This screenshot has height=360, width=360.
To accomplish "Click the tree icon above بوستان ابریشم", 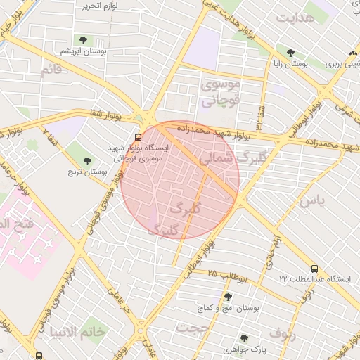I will click(x=84, y=40).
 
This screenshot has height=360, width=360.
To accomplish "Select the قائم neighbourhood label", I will click(x=51, y=70).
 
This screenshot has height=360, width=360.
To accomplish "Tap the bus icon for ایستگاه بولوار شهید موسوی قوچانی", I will click(x=138, y=136).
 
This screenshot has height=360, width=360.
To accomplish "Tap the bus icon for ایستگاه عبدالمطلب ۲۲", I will click(x=314, y=268).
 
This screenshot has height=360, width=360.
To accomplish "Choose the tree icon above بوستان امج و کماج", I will click(x=227, y=297).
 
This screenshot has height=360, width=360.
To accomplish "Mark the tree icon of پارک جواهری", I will click(x=244, y=338).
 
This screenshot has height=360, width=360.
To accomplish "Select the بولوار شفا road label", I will click(x=108, y=113).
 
